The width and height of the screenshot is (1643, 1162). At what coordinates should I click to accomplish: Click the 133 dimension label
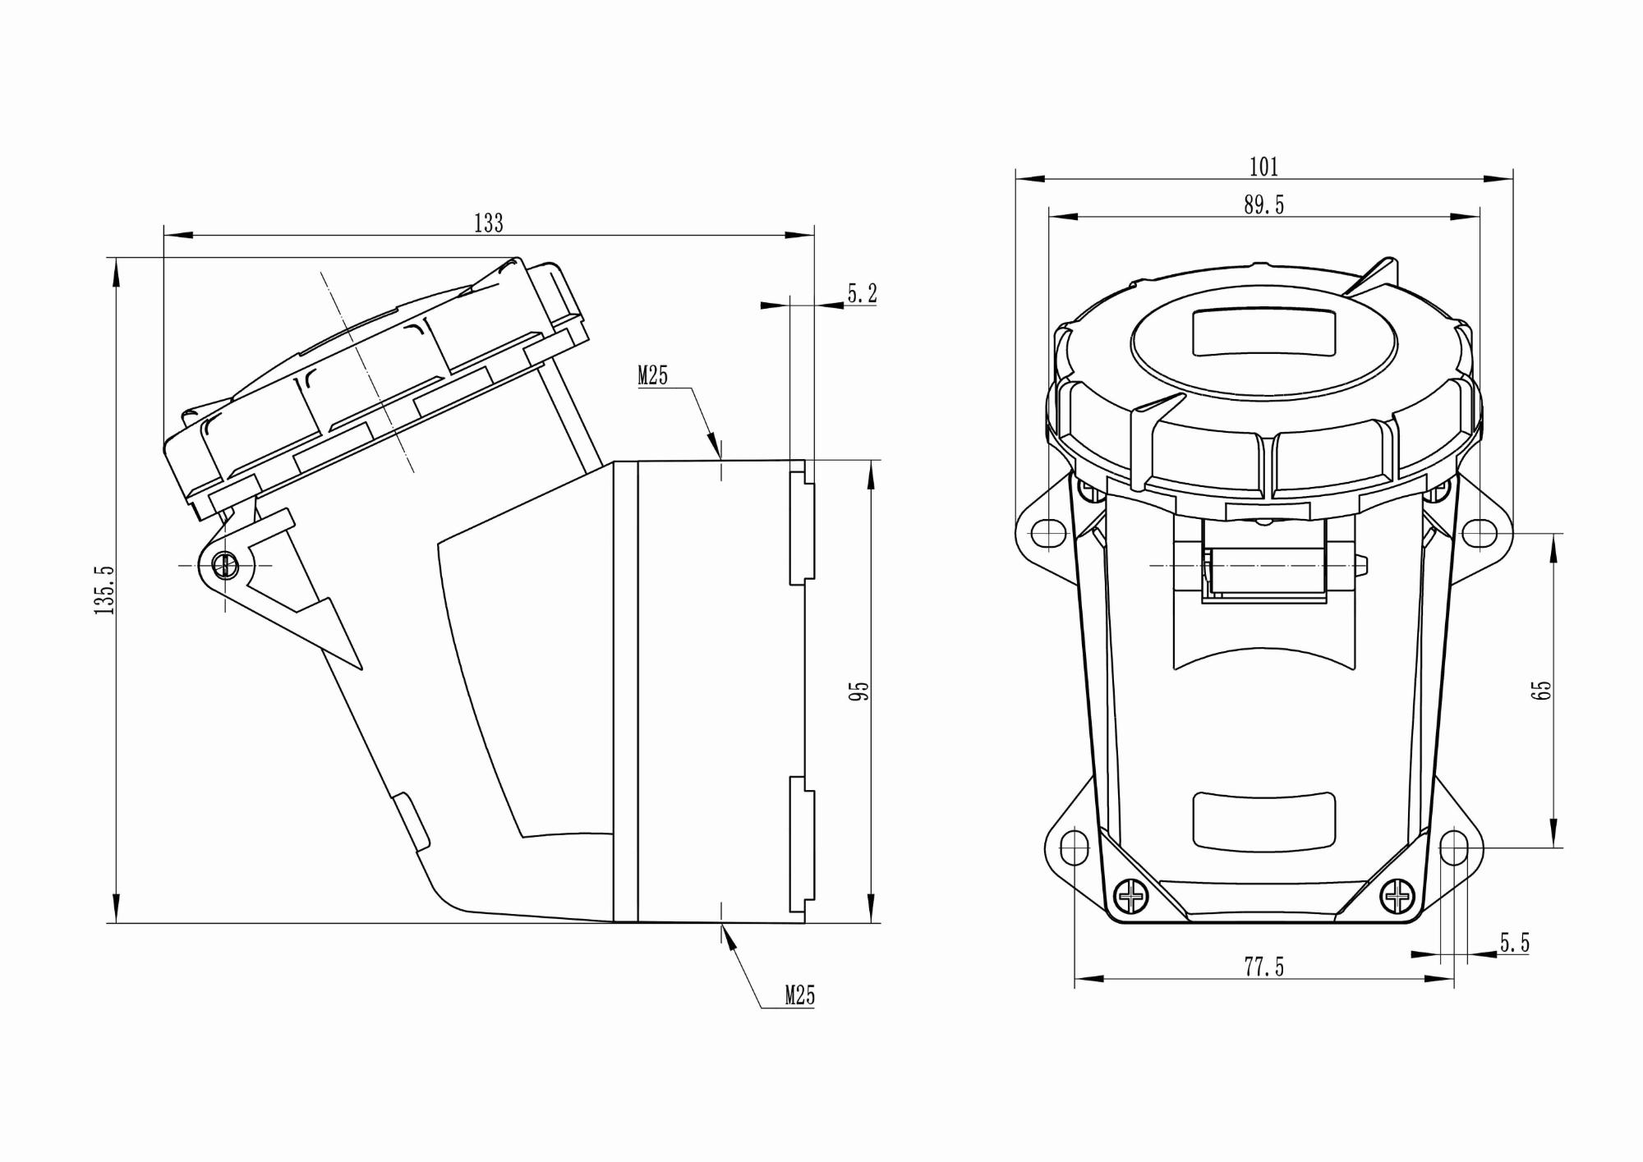pos(488,223)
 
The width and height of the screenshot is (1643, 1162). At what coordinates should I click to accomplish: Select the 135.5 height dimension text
pos(104,590)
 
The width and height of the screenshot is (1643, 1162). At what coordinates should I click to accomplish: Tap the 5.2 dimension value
pos(862,293)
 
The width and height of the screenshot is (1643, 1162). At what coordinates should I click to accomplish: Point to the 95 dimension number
pos(859,691)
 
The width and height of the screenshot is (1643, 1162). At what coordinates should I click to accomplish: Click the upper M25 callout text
pos(653,376)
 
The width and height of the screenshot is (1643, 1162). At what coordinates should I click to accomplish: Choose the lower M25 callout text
pos(799,996)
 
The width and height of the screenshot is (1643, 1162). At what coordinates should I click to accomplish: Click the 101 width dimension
pos(1263,168)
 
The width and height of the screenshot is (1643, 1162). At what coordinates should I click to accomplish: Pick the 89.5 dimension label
pos(1263,205)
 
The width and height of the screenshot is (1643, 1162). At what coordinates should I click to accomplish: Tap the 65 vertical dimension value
pos(1542,690)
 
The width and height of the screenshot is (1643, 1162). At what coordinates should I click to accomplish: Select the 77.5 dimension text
pos(1263,968)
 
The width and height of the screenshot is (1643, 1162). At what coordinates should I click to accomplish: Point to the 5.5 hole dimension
pos(1515,944)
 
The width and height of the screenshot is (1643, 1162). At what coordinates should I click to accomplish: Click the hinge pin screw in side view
pos(225,565)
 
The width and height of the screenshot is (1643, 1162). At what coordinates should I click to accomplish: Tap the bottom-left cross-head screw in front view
pos(1132,896)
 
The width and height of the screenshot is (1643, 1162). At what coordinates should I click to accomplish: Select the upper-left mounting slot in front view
pos(1048,533)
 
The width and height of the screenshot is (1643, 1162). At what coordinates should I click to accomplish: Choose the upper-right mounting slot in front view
pos(1479,533)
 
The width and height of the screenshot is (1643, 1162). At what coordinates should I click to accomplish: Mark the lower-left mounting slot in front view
pos(1074,847)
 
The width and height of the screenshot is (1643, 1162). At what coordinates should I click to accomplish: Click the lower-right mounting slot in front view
pos(1453,847)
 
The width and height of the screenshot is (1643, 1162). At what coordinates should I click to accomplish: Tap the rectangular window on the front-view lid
pos(1263,332)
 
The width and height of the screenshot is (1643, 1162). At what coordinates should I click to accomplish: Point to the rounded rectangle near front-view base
pos(1263,820)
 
